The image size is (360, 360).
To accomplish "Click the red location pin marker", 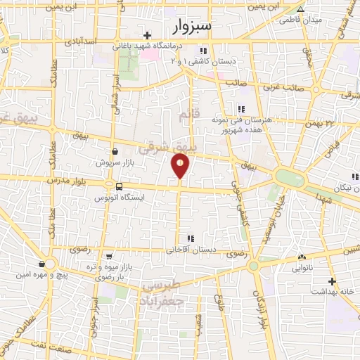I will [181, 165].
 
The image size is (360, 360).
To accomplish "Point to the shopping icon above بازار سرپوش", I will [115, 151].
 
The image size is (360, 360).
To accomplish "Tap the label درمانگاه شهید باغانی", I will [148, 47].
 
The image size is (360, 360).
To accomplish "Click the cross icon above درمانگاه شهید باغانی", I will [148, 35].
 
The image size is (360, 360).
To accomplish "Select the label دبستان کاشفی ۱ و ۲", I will [205, 61].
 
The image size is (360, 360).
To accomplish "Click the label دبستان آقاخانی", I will [191, 250].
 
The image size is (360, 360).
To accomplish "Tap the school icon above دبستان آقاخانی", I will [190, 238].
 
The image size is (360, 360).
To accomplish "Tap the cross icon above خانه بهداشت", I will [333, 281].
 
